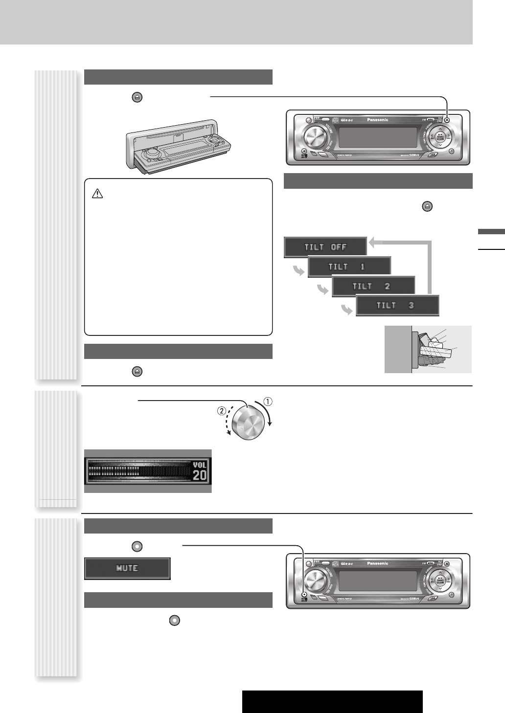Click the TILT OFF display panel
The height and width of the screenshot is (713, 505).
coord(325,247)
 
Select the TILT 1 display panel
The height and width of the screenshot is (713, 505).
coord(349,267)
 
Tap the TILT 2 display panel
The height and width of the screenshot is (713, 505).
coord(373,287)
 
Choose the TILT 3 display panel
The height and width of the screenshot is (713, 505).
coord(397,306)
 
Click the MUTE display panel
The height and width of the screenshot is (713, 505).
coord(127,568)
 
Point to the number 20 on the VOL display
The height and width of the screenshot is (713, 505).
coord(200,475)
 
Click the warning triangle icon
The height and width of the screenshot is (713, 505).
coord(97,194)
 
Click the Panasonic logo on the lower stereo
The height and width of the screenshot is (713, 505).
coord(374,563)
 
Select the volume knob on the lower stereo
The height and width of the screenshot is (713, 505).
coord(314,580)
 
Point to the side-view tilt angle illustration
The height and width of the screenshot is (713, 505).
coord(428,349)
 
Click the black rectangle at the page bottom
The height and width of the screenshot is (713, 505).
coord(332,702)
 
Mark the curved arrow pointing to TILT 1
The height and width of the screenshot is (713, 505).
coord(297,270)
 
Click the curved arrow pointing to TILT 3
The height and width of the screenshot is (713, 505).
coord(345,310)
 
